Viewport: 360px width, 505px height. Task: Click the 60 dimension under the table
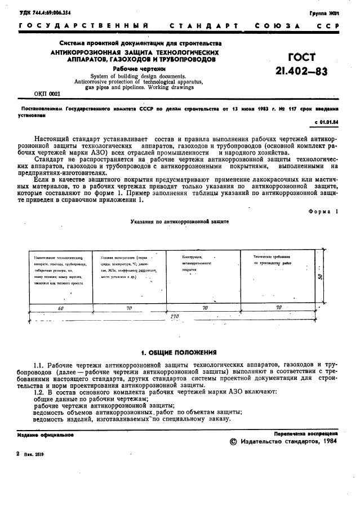pyautogui.click(x=60, y=308)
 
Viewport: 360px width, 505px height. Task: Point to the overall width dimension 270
pyautogui.click(x=175, y=317)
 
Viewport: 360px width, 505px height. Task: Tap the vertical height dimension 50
pyautogui.click(x=319, y=276)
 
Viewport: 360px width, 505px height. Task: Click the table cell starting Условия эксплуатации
pyautogui.click(x=130, y=268)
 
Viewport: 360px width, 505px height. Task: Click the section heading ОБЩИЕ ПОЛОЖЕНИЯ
pyautogui.click(x=179, y=352)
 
